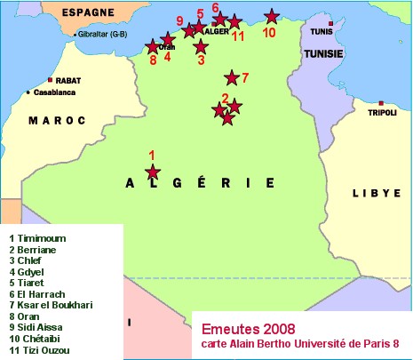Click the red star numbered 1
[153, 172]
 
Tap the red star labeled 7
[232, 78]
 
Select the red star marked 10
[271, 16]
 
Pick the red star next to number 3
[201, 46]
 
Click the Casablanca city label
[57, 92]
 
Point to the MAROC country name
[56, 120]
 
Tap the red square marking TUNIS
[330, 23]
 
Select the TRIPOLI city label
[383, 113]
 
